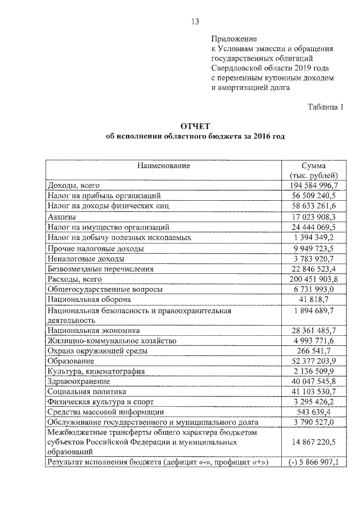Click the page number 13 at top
point(195,22)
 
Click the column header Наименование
point(163,166)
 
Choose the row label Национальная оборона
point(89,299)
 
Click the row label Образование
point(71,361)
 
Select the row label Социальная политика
point(87,391)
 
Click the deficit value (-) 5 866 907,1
point(313,462)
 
